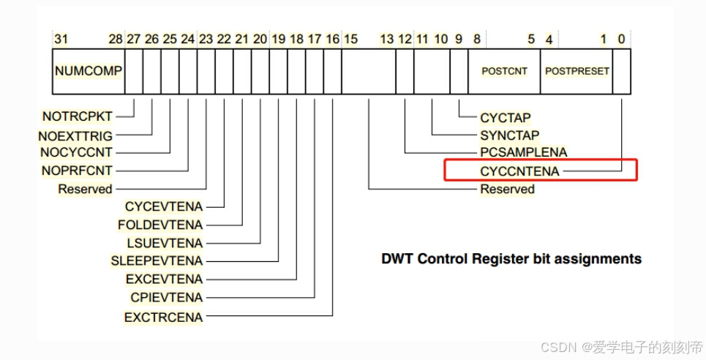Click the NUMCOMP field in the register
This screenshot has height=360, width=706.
coord(89,71)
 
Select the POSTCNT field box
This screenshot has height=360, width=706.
coord(504,71)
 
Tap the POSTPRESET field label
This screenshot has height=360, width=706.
coord(577,71)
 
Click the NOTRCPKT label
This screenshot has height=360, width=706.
coord(78,116)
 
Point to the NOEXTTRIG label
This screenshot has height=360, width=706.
coord(75,135)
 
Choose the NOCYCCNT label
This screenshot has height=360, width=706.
coord(76,153)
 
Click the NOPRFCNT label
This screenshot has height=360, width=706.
coord(77,170)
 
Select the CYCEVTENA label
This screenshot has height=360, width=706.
coord(164,207)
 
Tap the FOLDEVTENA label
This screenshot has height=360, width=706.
coord(160,225)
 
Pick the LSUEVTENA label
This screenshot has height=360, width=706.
coord(165,244)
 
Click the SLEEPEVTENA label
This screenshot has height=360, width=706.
coord(157,261)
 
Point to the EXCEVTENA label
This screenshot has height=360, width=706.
coord(165,280)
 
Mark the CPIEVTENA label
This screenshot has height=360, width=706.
coord(167,297)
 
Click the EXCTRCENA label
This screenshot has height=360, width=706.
coord(163,318)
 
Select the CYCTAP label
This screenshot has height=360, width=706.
coord(506,118)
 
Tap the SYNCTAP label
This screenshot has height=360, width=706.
coord(510,135)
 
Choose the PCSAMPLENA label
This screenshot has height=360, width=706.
coord(524,152)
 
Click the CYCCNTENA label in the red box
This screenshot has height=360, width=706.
coord(519,171)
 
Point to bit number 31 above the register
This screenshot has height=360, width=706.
coord(61,40)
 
